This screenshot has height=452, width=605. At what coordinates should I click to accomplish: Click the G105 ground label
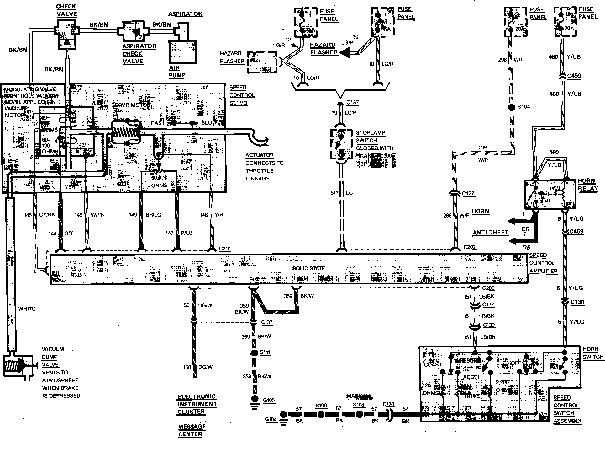point(269,400)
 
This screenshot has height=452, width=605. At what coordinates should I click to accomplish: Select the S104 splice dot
point(511,107)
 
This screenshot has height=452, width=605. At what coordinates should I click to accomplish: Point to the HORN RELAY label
point(588,185)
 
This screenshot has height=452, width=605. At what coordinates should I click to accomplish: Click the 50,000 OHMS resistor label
point(159,181)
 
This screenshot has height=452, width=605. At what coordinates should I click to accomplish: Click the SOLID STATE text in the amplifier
point(308,268)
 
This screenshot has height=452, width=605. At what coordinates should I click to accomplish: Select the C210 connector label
point(224,249)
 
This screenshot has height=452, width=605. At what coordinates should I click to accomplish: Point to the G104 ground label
point(271,419)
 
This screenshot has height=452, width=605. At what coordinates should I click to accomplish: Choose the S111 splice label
point(265,352)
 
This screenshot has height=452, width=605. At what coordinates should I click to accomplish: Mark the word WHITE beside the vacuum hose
point(27,309)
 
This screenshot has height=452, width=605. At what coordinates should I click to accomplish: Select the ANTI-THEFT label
point(491,233)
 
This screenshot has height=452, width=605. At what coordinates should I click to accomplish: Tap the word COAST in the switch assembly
point(433,364)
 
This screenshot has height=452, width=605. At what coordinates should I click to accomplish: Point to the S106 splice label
point(321,405)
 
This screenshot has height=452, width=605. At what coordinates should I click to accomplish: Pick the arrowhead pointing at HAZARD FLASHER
point(345,53)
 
